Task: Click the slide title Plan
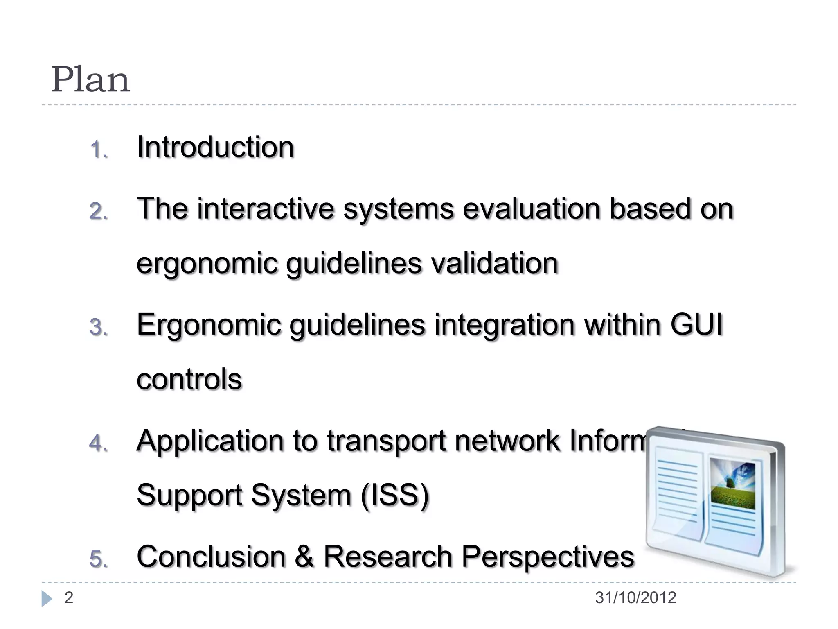[90, 80]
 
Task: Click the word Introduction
[215, 147]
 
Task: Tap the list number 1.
[98, 150]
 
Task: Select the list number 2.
[98, 212]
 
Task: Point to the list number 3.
[98, 328]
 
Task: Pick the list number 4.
[98, 443]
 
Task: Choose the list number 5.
[98, 559]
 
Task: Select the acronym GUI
[696, 325]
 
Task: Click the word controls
[189, 379]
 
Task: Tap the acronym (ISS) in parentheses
[395, 495]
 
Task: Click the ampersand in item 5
[304, 557]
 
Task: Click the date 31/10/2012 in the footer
[635, 598]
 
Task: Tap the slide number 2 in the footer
[69, 598]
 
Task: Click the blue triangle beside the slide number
[47, 599]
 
